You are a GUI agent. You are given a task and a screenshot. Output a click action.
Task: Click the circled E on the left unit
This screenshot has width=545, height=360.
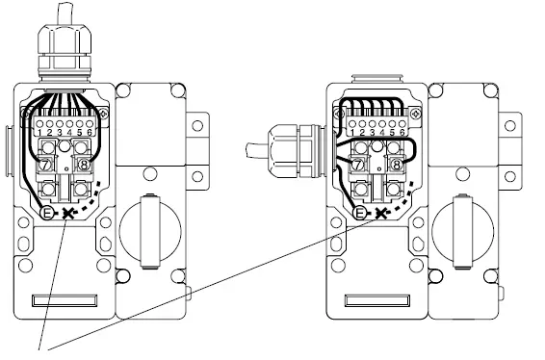[x=49, y=212]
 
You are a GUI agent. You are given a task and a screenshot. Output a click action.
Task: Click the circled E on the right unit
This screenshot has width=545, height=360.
[x=360, y=212]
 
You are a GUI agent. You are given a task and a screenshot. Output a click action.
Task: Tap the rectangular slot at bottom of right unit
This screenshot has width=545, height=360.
[x=371, y=301]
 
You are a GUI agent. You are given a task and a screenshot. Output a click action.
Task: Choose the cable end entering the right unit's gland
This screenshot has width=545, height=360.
[x=252, y=152]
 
